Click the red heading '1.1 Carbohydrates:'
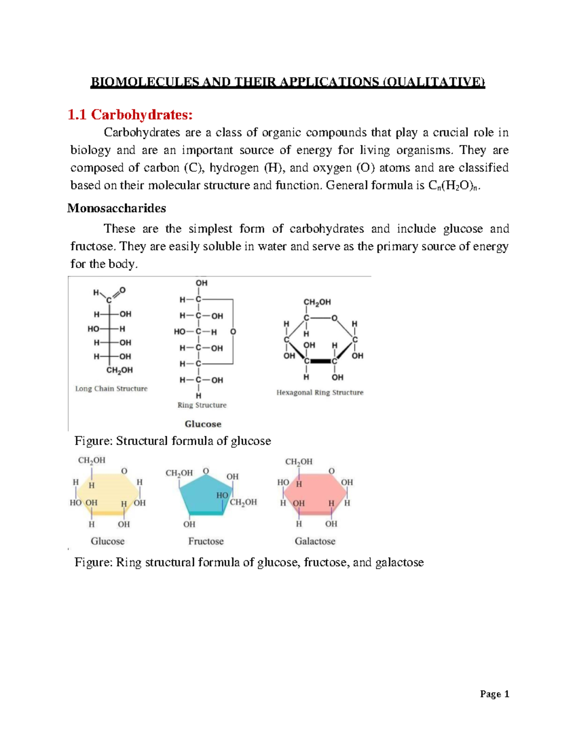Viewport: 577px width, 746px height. coord(130,114)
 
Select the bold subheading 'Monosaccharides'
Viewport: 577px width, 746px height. coord(116,208)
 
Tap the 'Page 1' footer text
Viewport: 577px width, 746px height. coord(494,694)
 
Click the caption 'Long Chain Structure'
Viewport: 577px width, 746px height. coord(111,388)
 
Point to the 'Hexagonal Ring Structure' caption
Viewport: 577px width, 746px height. coord(320,392)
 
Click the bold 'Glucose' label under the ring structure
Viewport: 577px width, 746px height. coord(203,424)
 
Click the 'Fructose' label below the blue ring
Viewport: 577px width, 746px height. coord(206,541)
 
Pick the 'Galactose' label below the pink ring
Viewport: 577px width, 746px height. coord(315,541)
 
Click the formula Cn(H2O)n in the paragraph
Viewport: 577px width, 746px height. coord(453,185)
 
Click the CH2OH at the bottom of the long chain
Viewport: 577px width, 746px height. coord(119,370)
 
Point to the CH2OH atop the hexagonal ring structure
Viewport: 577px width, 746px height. coord(317,302)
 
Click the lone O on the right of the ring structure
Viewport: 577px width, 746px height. coord(233,332)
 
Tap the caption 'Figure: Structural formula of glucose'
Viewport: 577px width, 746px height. coord(173,440)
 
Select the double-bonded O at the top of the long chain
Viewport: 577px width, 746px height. coord(123,290)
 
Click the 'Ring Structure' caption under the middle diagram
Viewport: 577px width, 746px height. coord(202,405)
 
